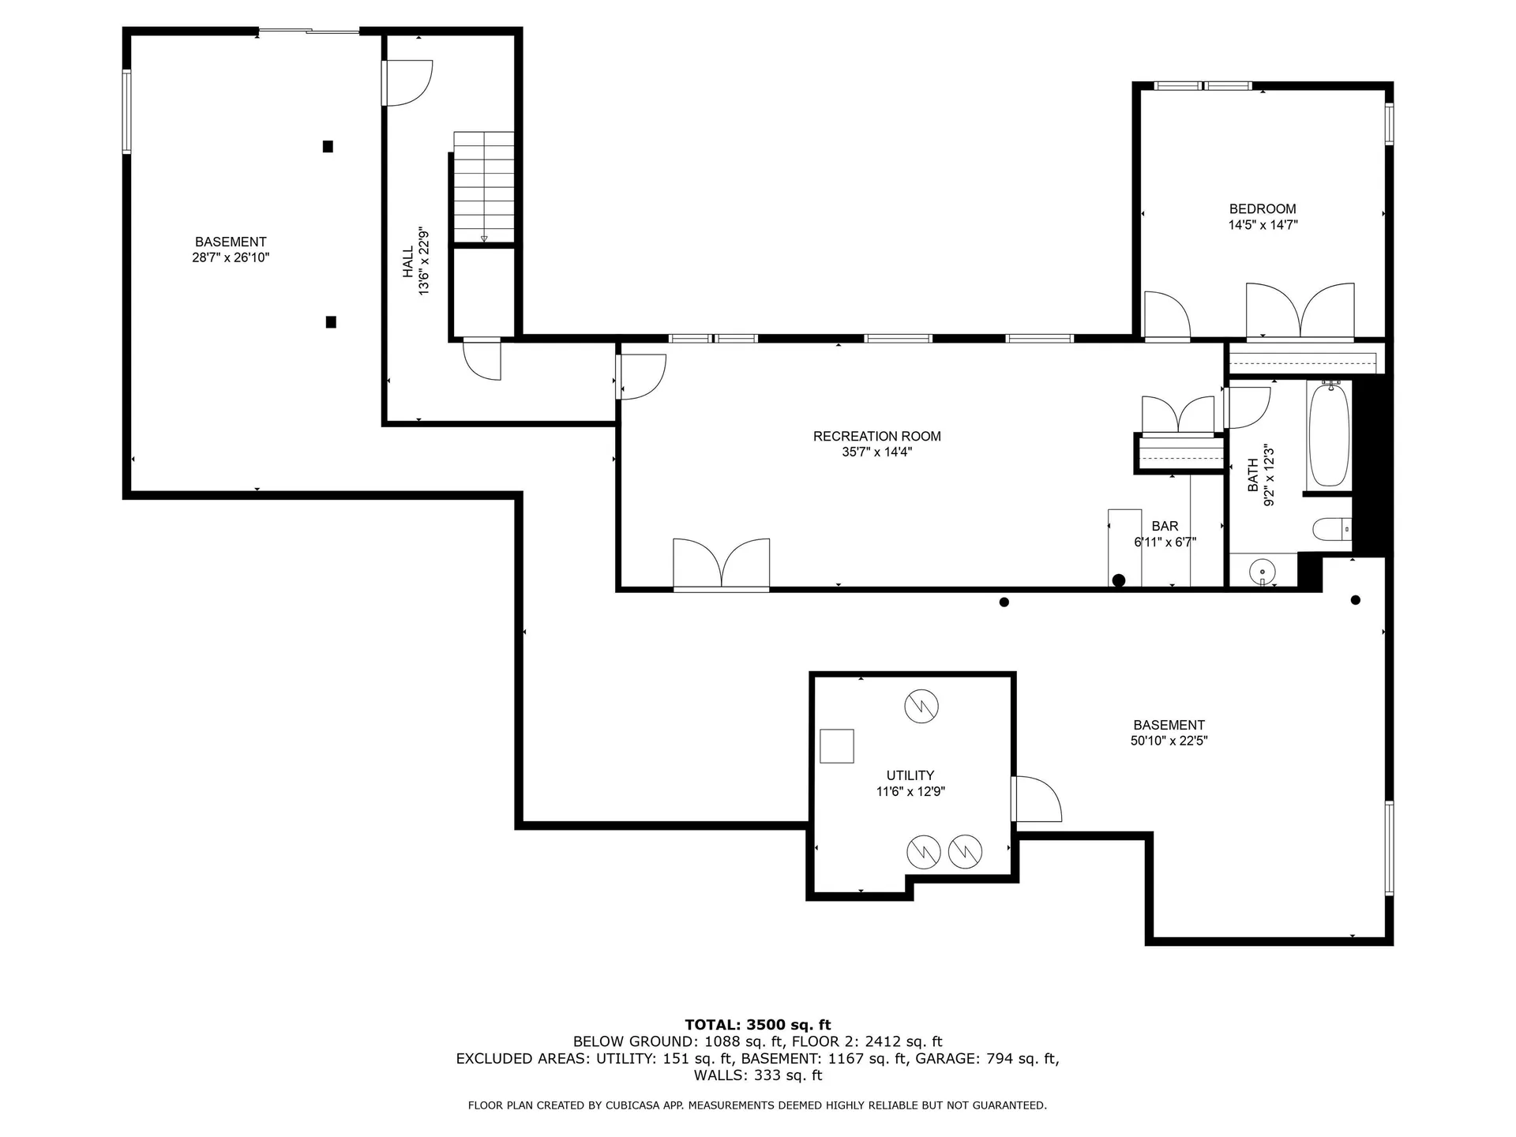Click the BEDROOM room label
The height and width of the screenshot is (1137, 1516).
tap(1262, 209)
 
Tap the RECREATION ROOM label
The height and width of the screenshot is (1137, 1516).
tap(876, 436)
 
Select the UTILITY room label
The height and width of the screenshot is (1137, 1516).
tap(910, 775)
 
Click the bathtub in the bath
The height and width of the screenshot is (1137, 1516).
tap(1329, 434)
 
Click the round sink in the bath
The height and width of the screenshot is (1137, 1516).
tap(1263, 571)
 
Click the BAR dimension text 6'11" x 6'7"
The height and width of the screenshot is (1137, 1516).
tap(1165, 542)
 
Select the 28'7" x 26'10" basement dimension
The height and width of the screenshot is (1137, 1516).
tap(231, 257)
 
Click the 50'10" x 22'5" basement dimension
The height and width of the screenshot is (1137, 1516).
tap(1169, 741)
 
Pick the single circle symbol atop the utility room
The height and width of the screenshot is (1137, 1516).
tap(921, 705)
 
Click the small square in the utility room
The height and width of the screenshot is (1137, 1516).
tap(836, 746)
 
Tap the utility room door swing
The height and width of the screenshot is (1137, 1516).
tap(1036, 799)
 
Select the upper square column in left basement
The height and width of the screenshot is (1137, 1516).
tap(328, 146)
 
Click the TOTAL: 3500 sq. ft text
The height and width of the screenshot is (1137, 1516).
tap(757, 1026)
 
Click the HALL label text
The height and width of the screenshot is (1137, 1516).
tap(408, 261)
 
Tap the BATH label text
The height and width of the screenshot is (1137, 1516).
tap(1253, 475)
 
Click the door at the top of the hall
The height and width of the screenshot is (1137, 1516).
tap(407, 82)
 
